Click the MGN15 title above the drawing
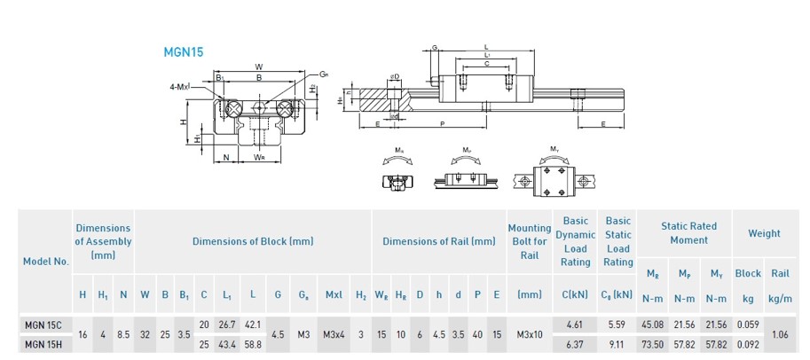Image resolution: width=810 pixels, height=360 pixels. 184,52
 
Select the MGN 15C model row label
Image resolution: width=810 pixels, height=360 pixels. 43,325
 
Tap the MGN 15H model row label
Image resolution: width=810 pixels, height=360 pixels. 43,344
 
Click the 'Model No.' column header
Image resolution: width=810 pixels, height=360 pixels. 46,262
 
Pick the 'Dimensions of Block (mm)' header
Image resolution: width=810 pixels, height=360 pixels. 253,241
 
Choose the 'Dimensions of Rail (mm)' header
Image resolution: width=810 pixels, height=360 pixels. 438,241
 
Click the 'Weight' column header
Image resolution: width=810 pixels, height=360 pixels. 764,234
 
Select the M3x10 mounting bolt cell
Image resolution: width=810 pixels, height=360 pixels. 529,334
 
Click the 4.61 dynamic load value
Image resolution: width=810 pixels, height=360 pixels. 575,325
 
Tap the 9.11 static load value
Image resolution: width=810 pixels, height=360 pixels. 617,344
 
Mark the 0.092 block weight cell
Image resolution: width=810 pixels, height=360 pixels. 748,344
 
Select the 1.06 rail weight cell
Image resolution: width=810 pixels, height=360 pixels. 780,334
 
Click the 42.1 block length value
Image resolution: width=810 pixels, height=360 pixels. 253,325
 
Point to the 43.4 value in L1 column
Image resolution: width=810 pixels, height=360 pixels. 228,344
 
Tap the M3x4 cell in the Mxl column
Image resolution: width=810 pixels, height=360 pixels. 334,334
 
